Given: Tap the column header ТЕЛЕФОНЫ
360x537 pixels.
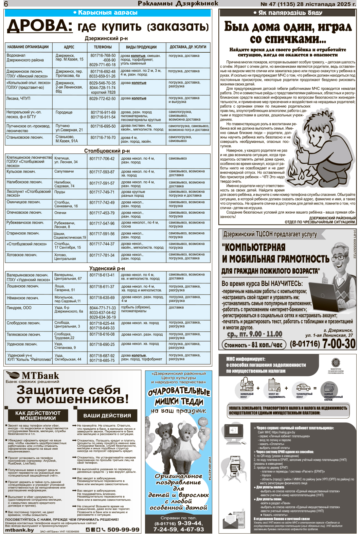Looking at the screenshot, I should click(103, 47).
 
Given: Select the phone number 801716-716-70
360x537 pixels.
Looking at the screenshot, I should click(103, 138).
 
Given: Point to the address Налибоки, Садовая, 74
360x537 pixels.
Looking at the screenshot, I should click(64, 184).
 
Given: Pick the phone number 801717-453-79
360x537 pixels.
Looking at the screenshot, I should click(102, 213).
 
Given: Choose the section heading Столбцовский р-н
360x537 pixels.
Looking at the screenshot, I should click(107, 151).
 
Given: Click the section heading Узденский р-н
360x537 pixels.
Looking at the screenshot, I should click(107, 268).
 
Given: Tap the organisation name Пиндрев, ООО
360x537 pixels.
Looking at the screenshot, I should click(19, 308).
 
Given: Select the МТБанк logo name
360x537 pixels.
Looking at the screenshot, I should click(40, 376).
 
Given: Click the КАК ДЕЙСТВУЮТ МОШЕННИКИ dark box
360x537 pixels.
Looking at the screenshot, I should click(38, 415).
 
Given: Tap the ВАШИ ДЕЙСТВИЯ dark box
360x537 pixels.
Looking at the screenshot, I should click(107, 415).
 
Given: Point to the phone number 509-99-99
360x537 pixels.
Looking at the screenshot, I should click(123, 530).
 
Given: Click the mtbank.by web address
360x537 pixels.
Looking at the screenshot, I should click(20, 530).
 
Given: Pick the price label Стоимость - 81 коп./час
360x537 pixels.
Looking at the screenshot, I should click(253, 345).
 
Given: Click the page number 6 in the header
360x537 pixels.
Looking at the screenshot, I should click(6, 4).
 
